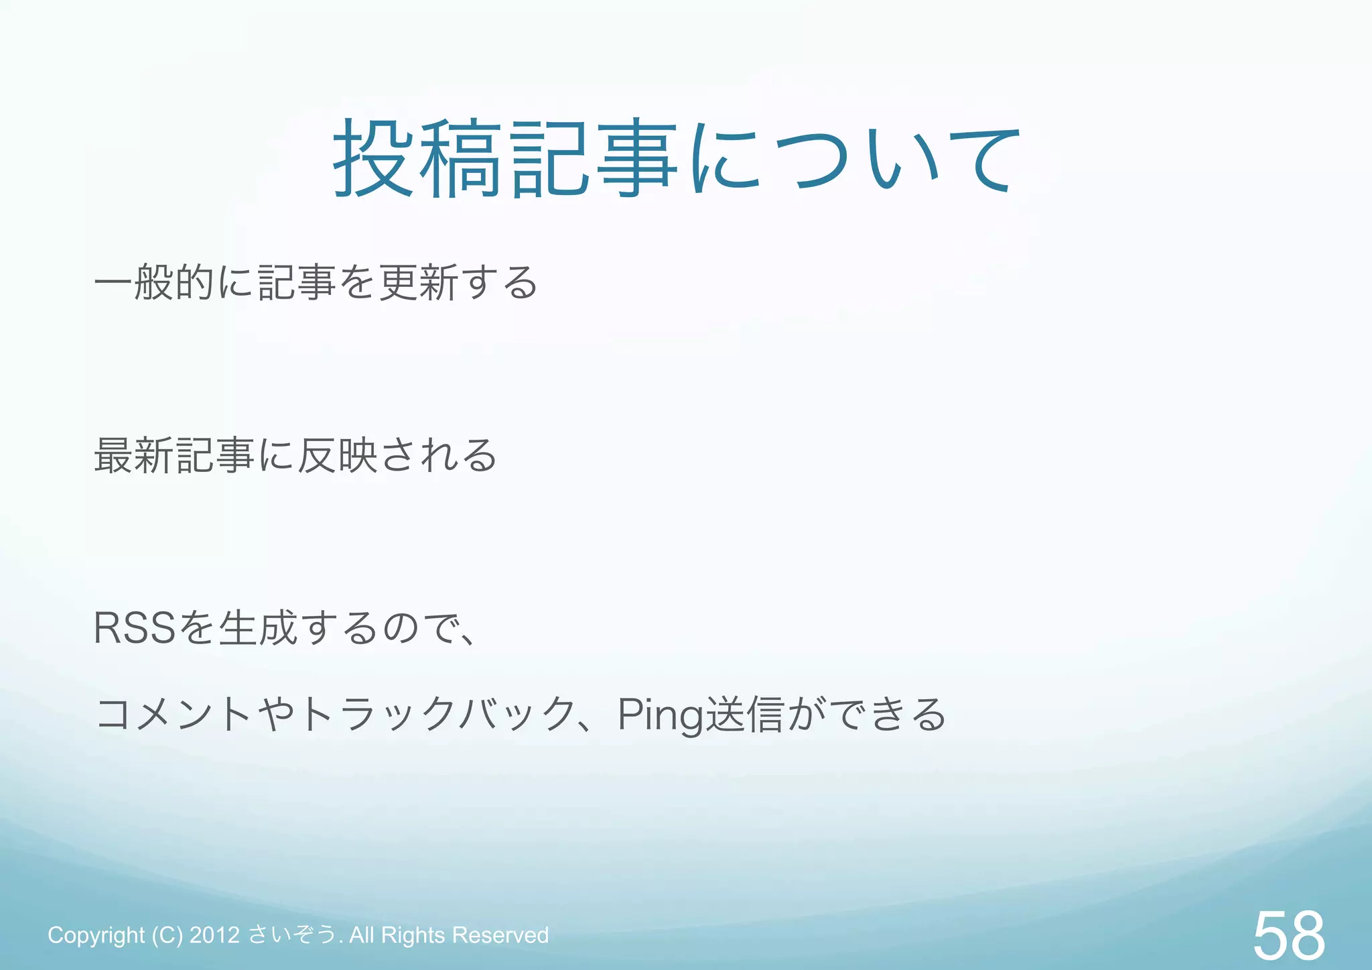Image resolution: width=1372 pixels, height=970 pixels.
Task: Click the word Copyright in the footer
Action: click(96, 935)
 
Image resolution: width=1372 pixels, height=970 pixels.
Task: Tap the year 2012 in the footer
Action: click(214, 934)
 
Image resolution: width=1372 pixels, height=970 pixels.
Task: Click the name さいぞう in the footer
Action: click(292, 934)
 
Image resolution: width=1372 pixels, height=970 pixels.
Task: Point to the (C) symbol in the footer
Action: click(167, 935)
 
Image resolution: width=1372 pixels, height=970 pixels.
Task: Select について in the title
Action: click(854, 160)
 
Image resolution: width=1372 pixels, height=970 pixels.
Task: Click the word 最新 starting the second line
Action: click(133, 455)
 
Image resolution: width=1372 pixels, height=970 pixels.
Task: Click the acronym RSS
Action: click(134, 628)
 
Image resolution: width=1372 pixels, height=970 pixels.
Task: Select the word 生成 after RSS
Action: click(257, 628)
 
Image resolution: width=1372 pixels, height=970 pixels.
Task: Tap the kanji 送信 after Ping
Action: click(744, 714)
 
